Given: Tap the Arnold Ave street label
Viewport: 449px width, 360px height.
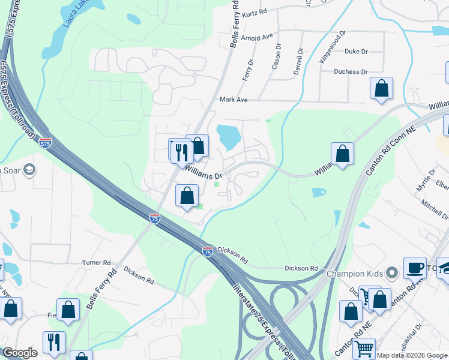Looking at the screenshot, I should [x=257, y=37].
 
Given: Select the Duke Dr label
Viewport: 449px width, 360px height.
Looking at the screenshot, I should [x=356, y=52].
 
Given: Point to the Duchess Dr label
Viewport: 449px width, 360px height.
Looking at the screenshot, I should [x=352, y=72].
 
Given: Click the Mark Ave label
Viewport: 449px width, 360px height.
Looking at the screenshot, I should [x=234, y=100].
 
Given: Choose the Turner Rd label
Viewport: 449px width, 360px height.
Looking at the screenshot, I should [x=97, y=263].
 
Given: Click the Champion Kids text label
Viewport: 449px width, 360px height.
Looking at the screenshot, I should [x=354, y=274].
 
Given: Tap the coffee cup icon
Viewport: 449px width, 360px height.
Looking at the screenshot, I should [x=415, y=268].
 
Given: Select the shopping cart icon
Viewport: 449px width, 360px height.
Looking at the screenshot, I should [x=364, y=349].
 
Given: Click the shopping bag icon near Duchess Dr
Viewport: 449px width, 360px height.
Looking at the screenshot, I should [x=382, y=89].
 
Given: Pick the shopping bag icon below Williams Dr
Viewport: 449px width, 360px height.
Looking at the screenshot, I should [x=187, y=196].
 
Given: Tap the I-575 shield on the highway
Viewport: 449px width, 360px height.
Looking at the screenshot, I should [x=45, y=143].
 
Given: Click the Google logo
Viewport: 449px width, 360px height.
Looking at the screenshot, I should [x=20, y=353].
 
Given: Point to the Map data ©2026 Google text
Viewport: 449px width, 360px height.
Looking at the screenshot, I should [x=412, y=355].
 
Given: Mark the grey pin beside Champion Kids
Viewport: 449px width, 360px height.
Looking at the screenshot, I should [x=392, y=274].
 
